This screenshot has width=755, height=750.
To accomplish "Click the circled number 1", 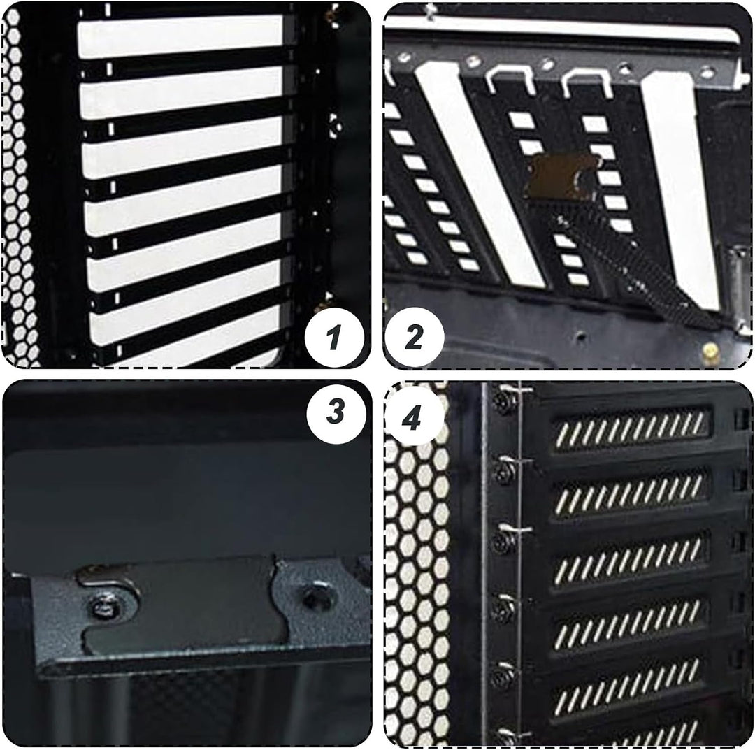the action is pyautogui.click(x=334, y=337).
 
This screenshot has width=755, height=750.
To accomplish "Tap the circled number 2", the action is pyautogui.click(x=414, y=337).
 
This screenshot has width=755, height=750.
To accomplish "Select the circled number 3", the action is pyautogui.click(x=336, y=412).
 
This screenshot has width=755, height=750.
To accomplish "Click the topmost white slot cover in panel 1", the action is pyautogui.click(x=180, y=36).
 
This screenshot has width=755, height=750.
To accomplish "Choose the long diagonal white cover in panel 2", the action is pyautogui.click(x=482, y=173).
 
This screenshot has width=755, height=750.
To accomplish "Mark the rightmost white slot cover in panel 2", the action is pyautogui.click(x=679, y=188).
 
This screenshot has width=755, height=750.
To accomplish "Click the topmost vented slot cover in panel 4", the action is pyautogui.click(x=631, y=428).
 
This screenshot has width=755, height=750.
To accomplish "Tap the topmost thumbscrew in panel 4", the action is pyautogui.click(x=503, y=398).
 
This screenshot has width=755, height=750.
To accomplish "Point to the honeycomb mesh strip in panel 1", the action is pyautogui.click(x=18, y=188).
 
